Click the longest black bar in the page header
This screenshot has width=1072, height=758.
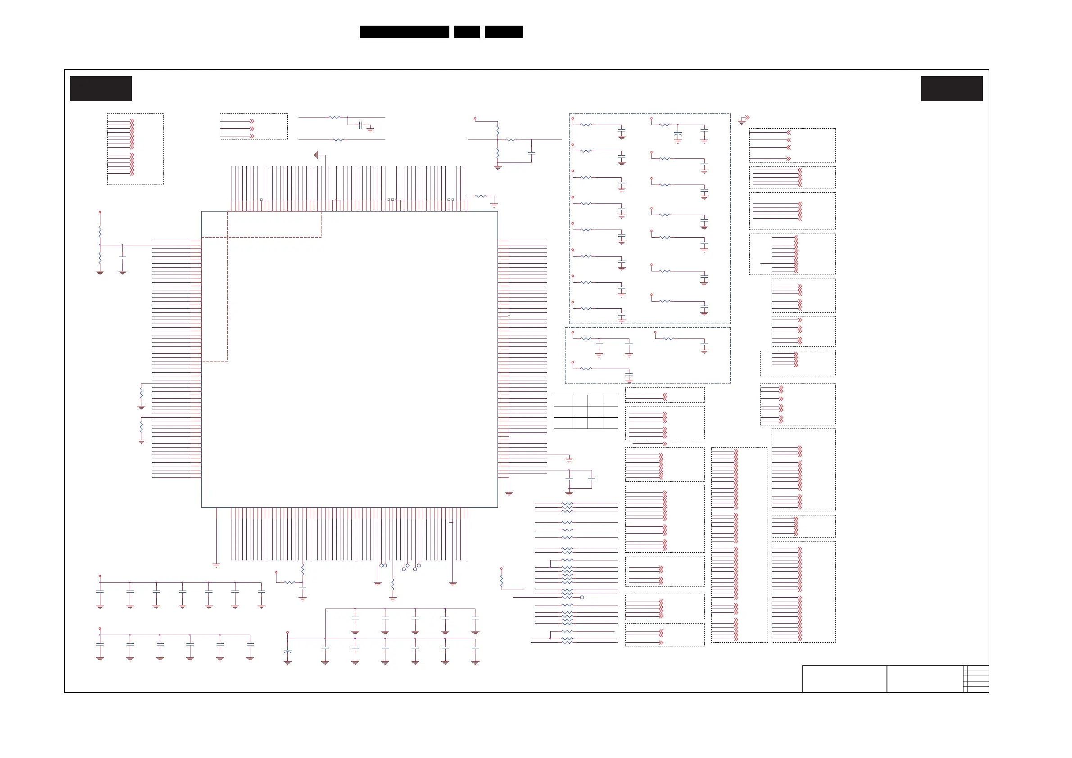point(404,32)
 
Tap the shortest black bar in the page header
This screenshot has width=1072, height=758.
point(467,32)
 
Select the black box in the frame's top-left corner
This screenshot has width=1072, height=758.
point(101,89)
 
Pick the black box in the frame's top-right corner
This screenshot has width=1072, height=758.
point(951,89)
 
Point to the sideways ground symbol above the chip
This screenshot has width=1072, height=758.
point(317,154)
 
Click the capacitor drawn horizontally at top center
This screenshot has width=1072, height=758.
point(361,125)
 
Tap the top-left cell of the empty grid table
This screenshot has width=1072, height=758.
point(563,401)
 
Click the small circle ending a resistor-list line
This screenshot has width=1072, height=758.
point(582,597)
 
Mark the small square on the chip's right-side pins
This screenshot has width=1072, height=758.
point(509,316)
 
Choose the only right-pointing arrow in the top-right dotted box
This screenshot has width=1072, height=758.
point(789,159)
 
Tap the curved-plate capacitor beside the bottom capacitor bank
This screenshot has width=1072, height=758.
point(288,651)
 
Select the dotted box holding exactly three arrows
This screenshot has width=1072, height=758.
point(253,126)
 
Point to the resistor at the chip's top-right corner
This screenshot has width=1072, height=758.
point(481,197)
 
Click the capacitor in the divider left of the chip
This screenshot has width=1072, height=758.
point(122,257)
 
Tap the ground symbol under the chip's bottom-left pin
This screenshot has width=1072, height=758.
point(216,565)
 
